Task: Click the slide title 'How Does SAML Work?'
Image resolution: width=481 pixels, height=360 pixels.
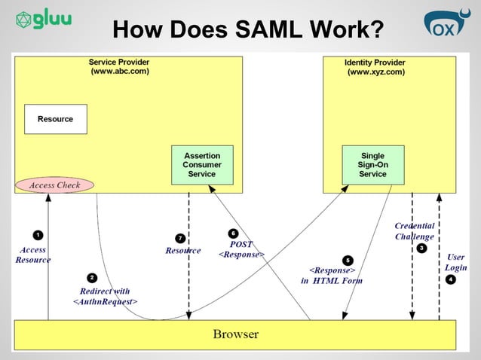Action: pyautogui.click(x=247, y=29)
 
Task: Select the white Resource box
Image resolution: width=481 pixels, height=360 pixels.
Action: pyautogui.click(x=55, y=119)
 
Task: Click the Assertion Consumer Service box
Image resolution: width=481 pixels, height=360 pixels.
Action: pyautogui.click(x=202, y=164)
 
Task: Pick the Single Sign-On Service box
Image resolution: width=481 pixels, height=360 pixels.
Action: pyautogui.click(x=372, y=164)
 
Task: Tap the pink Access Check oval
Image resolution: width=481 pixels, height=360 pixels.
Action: pyautogui.click(x=54, y=185)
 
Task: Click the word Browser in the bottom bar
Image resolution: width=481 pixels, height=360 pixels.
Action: pyautogui.click(x=235, y=334)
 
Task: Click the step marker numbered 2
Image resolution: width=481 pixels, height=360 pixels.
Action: pyautogui.click(x=92, y=277)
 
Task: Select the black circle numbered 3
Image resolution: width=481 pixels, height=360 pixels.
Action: pyautogui.click(x=421, y=248)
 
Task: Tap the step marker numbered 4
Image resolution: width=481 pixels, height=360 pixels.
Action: pyautogui.click(x=451, y=279)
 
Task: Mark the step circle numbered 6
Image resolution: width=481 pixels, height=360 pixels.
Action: pyautogui.click(x=234, y=233)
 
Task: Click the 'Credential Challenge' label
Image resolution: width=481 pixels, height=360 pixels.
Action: pyautogui.click(x=414, y=231)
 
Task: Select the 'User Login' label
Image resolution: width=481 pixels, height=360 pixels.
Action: pyautogui.click(x=455, y=262)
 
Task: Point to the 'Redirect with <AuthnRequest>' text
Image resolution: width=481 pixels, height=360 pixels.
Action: pyautogui.click(x=105, y=296)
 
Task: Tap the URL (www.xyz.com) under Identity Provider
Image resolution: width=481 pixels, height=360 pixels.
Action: pyautogui.click(x=375, y=72)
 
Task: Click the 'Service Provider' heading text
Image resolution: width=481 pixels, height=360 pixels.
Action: pyautogui.click(x=119, y=62)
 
